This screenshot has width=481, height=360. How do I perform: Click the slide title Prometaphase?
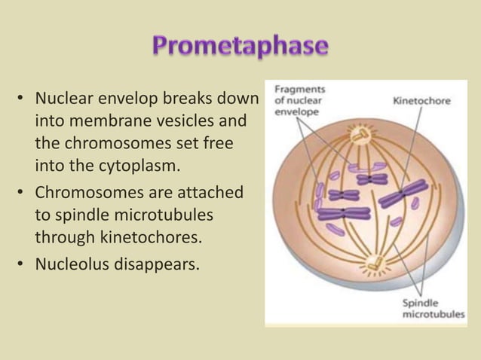[x=240, y=46]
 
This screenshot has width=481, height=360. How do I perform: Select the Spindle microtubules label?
[x=432, y=309]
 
